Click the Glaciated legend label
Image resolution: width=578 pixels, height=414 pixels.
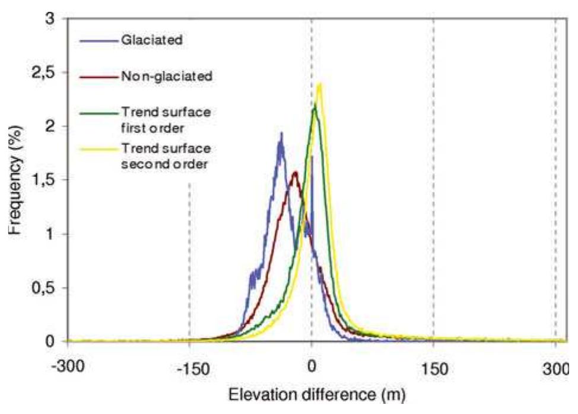click(x=149, y=41)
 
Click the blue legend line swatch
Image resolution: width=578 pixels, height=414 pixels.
click(x=99, y=41)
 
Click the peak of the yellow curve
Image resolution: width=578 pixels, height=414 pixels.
click(x=320, y=84)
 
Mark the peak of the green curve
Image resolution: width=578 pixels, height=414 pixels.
click(x=314, y=106)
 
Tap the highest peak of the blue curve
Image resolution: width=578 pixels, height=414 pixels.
click(x=281, y=133)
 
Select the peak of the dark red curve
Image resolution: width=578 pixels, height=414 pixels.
click(x=294, y=172)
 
